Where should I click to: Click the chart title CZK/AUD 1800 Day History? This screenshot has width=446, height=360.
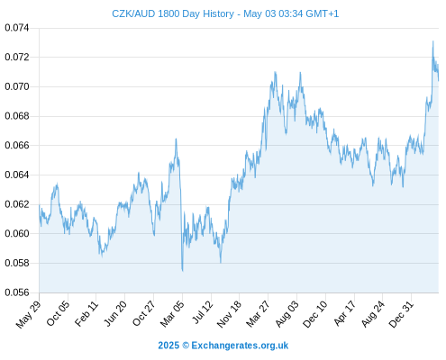point(173,13)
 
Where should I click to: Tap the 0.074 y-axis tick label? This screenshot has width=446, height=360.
point(17,28)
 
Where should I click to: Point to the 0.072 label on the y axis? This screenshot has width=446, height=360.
point(17,57)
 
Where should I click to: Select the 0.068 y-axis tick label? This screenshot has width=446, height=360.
point(17,116)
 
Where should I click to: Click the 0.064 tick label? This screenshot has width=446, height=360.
point(17,175)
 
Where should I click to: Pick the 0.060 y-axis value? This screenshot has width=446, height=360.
point(17,233)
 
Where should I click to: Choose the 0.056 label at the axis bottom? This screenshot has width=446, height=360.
point(17,292)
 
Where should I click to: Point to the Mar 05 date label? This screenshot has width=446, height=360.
point(172,314)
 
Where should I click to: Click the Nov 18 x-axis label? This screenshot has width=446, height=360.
point(229,314)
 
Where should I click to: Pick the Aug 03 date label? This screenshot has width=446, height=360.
point(287,314)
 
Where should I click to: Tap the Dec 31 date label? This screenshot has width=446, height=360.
point(401,314)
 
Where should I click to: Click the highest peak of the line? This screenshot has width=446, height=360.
point(432,41)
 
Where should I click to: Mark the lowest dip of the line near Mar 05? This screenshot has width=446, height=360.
point(182,271)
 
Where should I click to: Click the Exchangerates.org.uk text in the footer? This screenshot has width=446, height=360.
point(240,346)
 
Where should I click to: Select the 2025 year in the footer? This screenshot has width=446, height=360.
point(168,346)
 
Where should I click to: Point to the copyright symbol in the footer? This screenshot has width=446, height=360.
point(186,346)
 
